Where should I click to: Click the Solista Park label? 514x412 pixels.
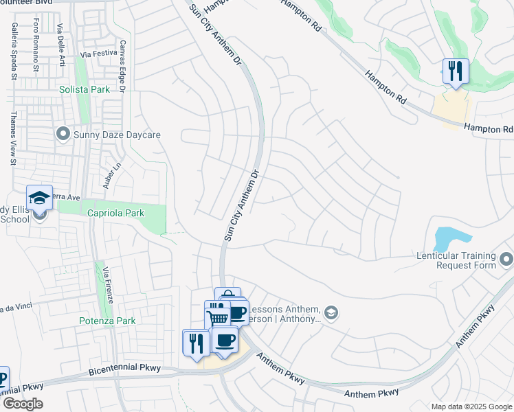point(85,90)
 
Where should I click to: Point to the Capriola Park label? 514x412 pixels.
point(115,213)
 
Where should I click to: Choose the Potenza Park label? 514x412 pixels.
point(107,321)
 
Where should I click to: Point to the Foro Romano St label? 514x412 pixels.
point(36,45)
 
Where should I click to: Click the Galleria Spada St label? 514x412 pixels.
point(13,52)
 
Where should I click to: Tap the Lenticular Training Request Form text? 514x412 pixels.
point(456,260)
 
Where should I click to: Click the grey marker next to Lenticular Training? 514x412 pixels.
point(506,260)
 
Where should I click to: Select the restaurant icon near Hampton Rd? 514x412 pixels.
point(455,70)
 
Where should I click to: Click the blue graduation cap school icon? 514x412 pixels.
point(39,198)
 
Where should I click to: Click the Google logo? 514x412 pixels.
point(22,404)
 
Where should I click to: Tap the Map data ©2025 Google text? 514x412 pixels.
point(471,407)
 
